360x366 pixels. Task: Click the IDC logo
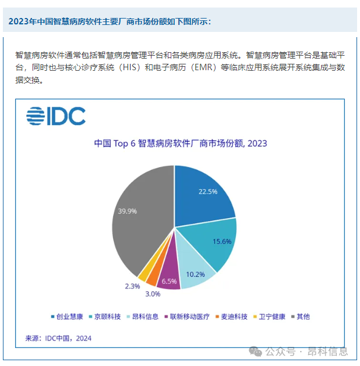coord(56,117)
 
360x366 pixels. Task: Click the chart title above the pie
coord(180,143)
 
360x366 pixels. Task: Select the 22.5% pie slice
coord(203,194)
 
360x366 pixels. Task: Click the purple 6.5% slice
coord(169,276)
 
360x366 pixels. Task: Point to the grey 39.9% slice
coord(136,218)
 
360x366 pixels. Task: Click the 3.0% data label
coord(153,294)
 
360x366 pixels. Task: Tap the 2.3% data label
coord(132,286)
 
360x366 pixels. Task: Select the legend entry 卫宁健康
coord(270,317)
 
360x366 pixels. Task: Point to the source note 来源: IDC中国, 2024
coord(58,338)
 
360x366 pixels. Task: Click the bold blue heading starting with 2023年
coord(110,21)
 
